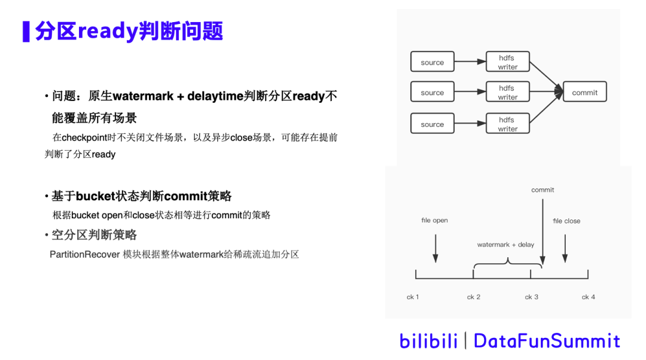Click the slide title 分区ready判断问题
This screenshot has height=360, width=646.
(129, 31)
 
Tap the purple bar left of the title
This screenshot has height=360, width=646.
(26, 32)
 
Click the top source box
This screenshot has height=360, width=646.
(432, 62)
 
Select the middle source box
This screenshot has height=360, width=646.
(432, 92)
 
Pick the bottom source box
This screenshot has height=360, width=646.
(432, 124)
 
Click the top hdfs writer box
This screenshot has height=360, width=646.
(507, 62)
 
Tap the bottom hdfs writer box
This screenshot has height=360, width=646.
(507, 124)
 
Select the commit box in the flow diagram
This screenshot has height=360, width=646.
(584, 92)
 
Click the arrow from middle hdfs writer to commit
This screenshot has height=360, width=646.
(546, 92)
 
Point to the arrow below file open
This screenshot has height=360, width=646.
(435, 248)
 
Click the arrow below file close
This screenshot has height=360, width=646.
(565, 248)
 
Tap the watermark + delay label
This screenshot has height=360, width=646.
(505, 245)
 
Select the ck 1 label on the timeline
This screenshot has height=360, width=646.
(413, 297)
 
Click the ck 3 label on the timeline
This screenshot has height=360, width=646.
(531, 297)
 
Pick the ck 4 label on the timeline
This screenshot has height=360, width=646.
(588, 297)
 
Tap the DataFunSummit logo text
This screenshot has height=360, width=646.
(547, 341)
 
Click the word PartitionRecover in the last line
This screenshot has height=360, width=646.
(84, 254)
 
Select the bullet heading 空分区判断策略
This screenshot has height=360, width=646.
(94, 234)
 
